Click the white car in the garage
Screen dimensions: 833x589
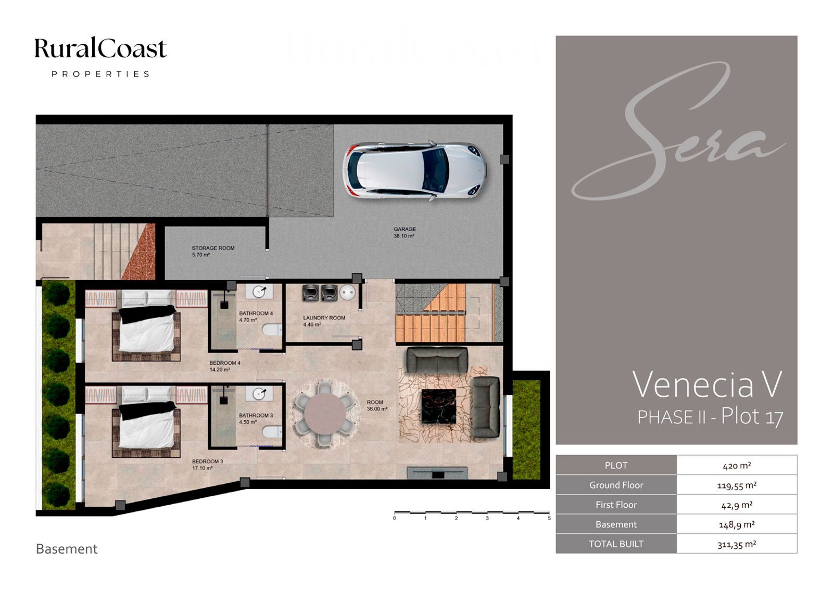[414, 171]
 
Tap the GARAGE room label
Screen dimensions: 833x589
[405, 229]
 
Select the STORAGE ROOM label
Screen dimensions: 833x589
[213, 248]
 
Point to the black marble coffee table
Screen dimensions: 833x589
[439, 406]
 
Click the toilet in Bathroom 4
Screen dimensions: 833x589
[272, 330]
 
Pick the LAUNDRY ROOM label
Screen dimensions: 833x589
[324, 318]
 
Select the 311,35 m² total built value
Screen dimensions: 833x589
[737, 545]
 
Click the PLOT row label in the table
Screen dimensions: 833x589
[616, 466]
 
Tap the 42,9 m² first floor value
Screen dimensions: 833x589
[736, 505]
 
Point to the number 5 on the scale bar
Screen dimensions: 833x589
[549, 518]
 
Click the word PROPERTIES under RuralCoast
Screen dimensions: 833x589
[101, 74]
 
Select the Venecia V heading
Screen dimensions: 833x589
[708, 385]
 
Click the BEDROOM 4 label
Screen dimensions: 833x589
[224, 363]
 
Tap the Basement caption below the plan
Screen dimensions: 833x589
[67, 549]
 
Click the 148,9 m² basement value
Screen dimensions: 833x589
[737, 525]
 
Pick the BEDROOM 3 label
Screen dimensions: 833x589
[208, 461]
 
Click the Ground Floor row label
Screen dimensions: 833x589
[616, 485]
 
